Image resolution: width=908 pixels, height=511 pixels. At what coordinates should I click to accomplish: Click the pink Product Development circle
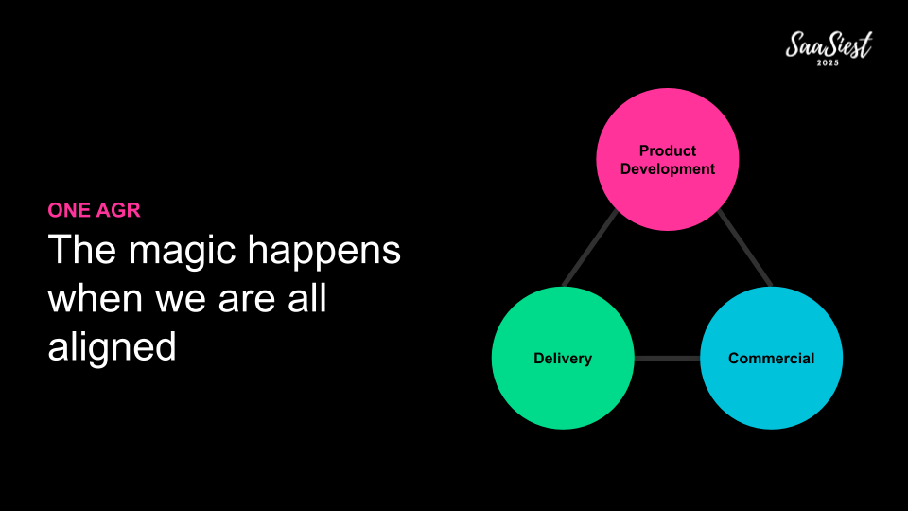point(667,159)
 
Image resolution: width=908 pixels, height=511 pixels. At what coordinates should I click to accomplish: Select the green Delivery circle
point(563,358)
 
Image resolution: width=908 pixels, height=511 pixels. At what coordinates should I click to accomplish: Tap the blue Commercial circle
point(772,358)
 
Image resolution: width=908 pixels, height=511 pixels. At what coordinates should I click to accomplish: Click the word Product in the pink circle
point(667,150)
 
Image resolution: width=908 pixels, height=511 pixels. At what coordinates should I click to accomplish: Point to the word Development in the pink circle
point(667,169)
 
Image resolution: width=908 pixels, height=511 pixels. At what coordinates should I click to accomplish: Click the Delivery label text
point(563,359)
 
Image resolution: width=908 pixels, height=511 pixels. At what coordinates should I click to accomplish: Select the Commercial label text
point(772,359)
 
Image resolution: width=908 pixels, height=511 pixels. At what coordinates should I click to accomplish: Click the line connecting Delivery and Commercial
point(667,358)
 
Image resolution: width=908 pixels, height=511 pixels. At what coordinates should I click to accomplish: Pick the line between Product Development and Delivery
point(590,249)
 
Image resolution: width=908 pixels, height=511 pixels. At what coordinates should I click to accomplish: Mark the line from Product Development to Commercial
point(744,249)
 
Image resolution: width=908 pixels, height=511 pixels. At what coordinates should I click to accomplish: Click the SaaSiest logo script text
point(829,44)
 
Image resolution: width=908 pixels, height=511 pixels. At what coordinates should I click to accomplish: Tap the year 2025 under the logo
point(829,63)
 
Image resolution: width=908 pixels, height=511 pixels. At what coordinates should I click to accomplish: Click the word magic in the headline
point(182,252)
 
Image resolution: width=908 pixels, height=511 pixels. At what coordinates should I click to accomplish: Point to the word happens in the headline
point(324,252)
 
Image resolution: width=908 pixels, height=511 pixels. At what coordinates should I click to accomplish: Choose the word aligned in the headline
point(112,347)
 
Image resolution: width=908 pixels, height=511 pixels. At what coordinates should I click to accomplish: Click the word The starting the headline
point(81,249)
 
